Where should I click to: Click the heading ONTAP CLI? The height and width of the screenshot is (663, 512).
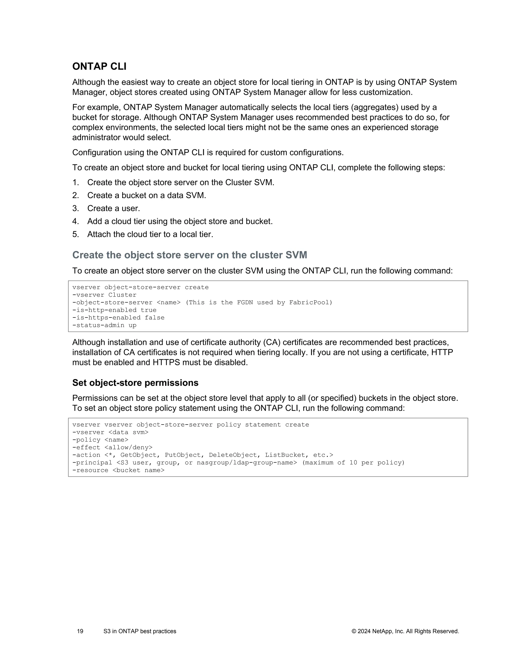pyautogui.click(x=99, y=67)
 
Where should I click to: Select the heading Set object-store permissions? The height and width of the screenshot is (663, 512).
pyautogui.click(x=135, y=383)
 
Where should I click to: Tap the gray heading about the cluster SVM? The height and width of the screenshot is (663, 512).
pyautogui.click(x=189, y=255)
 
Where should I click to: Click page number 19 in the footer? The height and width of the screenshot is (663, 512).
pyautogui.click(x=80, y=631)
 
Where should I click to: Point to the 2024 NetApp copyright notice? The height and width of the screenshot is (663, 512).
pyautogui.click(x=405, y=631)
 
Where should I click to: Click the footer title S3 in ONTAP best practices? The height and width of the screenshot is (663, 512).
pyautogui.click(x=140, y=631)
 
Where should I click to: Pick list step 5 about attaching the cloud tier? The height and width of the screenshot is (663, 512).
pyautogui.click(x=150, y=234)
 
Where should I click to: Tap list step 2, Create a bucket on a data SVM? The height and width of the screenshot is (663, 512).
pyautogui.click(x=146, y=195)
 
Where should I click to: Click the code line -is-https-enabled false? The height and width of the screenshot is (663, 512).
pyautogui.click(x=118, y=317)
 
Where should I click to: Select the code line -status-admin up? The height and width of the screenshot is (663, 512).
pyautogui.click(x=104, y=325)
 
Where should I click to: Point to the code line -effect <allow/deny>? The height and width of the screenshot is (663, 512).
pyautogui.click(x=112, y=448)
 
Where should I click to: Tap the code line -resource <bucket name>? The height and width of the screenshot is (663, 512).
pyautogui.click(x=118, y=470)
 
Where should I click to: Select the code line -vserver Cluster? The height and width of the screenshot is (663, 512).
pyautogui.click(x=104, y=295)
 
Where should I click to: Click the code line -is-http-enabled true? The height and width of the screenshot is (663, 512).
pyautogui.click(x=114, y=310)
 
